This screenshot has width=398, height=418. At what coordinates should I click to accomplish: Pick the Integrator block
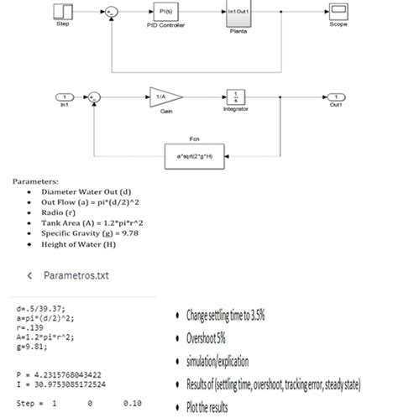pos(236,96)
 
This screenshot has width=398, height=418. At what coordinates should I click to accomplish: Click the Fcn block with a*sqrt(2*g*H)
pos(195,155)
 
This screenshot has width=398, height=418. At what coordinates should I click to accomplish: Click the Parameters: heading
pos(35,180)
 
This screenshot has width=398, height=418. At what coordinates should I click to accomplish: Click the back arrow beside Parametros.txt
pos(30,274)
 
